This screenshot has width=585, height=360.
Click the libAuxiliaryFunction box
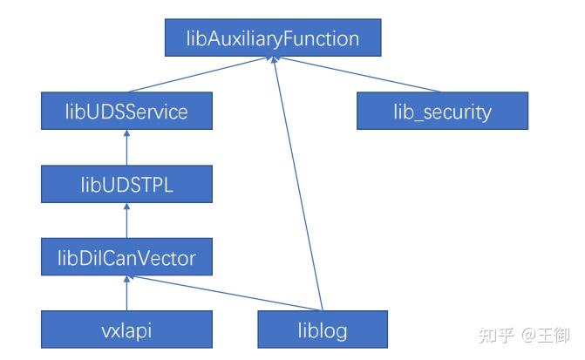[273, 37]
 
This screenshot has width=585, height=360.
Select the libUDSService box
[126, 111]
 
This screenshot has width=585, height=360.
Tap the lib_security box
[443, 111]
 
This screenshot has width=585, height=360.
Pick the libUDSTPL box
[126, 184]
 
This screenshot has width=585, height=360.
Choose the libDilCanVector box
[126, 256]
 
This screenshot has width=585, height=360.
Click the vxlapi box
[126, 329]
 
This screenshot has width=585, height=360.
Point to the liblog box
[323, 329]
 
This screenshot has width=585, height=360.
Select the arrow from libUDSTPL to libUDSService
[126, 147]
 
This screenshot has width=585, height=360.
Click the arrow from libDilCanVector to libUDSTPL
[126, 221]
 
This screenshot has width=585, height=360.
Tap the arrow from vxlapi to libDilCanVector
[126, 293]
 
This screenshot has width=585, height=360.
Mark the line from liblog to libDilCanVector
[224, 293]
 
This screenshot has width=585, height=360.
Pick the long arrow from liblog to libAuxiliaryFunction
[297, 184]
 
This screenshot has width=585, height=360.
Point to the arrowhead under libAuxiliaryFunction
[274, 59]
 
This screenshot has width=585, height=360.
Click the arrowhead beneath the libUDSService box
[126, 132]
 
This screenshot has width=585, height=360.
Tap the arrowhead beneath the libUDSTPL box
[126, 206]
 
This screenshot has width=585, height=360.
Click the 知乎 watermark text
[496, 335]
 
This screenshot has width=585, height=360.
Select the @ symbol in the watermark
[529, 335]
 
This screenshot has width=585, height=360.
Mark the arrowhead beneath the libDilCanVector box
[126, 279]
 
